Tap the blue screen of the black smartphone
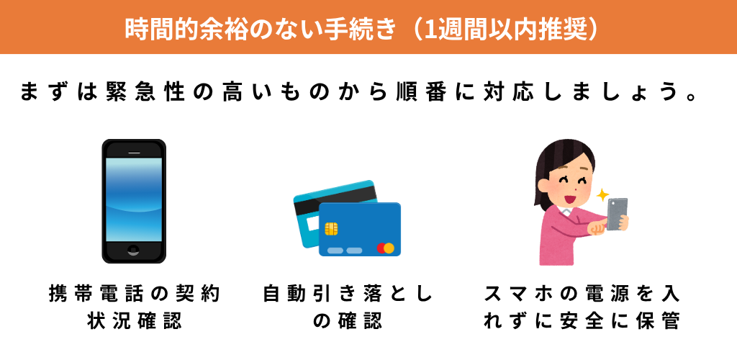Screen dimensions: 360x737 pos(133,199)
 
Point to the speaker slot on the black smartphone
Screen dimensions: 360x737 pos(133,153)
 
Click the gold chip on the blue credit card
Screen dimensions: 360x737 pos(332,229)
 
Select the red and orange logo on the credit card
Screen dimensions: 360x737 pos(386,248)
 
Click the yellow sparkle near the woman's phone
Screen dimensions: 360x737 pos(602,194)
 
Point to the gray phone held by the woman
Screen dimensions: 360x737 pos(617,214)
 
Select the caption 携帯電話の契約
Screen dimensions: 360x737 pos(133,294)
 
